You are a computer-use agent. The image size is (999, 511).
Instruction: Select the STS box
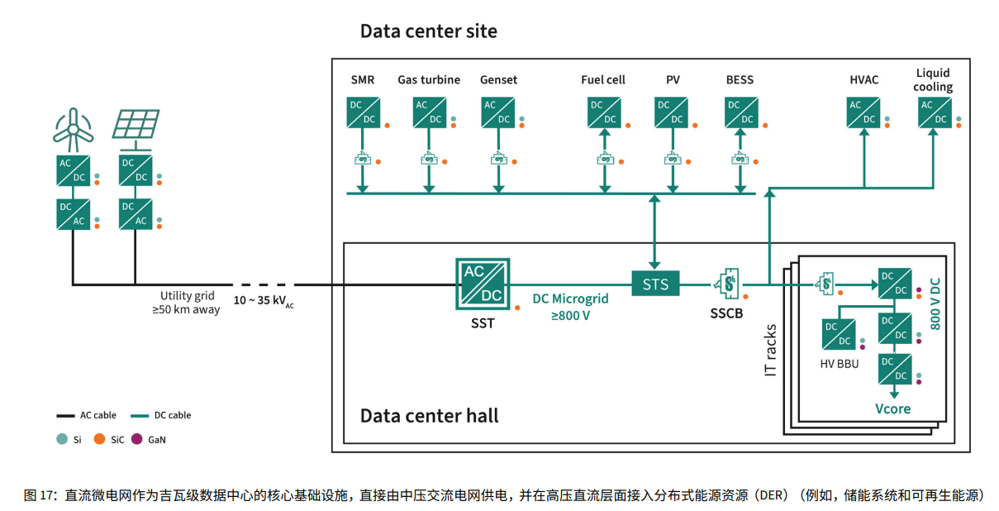pyautogui.click(x=655, y=284)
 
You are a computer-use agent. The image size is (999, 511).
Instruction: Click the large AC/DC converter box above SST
pyautogui.click(x=483, y=284)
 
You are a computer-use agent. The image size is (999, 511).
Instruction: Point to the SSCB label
pyautogui.click(x=727, y=314)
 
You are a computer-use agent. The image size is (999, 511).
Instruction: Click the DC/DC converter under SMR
pyautogui.click(x=363, y=112)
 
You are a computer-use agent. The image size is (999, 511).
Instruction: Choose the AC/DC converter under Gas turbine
pyautogui.click(x=429, y=112)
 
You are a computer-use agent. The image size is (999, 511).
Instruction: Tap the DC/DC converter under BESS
pyautogui.click(x=740, y=112)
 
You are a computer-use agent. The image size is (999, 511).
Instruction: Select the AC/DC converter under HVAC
pyautogui.click(x=863, y=112)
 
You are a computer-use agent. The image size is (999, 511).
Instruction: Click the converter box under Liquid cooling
pyautogui.click(x=934, y=112)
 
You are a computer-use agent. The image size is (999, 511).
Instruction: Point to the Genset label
pyautogui.click(x=498, y=80)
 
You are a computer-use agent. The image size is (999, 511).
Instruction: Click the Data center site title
pyautogui.click(x=428, y=31)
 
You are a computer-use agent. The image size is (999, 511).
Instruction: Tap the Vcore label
pyautogui.click(x=892, y=408)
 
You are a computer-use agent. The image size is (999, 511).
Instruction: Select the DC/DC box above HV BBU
pyautogui.click(x=839, y=335)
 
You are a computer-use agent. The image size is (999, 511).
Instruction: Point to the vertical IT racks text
pyautogui.click(x=771, y=351)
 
